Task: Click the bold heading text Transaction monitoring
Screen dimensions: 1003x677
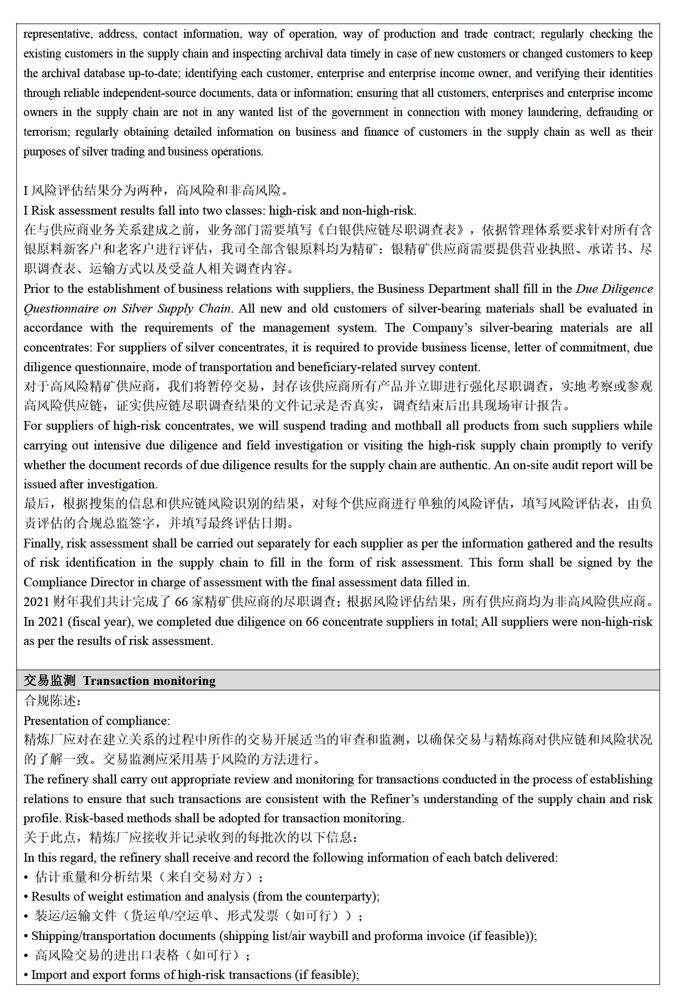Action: pyautogui.click(x=149, y=681)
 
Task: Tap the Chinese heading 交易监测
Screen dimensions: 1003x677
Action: pyautogui.click(x=50, y=681)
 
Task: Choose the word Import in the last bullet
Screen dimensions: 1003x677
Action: pyautogui.click(x=49, y=975)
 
